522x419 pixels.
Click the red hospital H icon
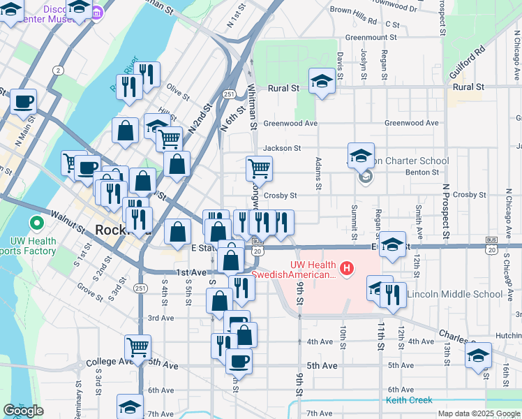[x=345, y=267]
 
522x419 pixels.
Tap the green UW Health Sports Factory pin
[x=36, y=224]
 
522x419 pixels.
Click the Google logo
[x=23, y=411]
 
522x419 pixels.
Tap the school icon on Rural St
[x=321, y=82]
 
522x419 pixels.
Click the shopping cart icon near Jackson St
[x=259, y=168]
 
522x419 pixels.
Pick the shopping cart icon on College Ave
[x=138, y=346]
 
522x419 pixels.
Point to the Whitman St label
[x=252, y=105]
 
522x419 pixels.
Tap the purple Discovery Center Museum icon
[x=98, y=13]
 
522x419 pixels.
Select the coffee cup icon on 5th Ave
[x=239, y=361]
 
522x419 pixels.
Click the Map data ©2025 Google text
[x=479, y=413]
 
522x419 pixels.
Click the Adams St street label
[x=318, y=173]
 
